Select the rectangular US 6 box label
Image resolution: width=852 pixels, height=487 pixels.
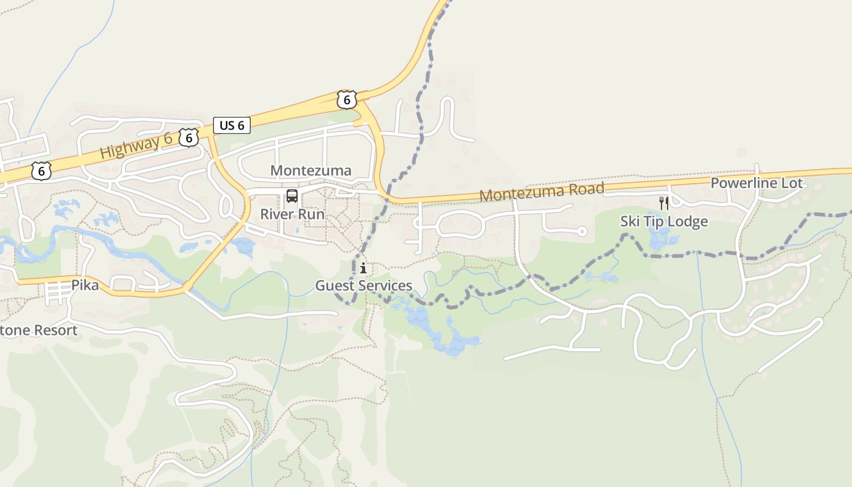pyautogui.click(x=232, y=125)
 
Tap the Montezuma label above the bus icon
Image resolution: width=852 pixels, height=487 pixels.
pyautogui.click(x=311, y=170)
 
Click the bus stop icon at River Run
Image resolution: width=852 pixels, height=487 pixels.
pyautogui.click(x=292, y=196)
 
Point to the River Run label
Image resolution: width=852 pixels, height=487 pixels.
pyautogui.click(x=292, y=214)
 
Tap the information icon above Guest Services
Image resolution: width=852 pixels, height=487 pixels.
pyautogui.click(x=363, y=268)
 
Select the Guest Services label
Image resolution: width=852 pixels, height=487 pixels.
pyautogui.click(x=363, y=286)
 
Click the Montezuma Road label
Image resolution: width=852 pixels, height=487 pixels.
pyautogui.click(x=542, y=192)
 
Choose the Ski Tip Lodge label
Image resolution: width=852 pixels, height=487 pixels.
pyautogui.click(x=664, y=221)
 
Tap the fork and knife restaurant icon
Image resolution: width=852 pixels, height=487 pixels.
pyautogui.click(x=664, y=203)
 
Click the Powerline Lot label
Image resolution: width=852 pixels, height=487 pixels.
pyautogui.click(x=756, y=183)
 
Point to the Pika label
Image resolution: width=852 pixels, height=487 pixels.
pyautogui.click(x=85, y=285)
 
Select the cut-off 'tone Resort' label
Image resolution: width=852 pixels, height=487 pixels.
pyautogui.click(x=39, y=331)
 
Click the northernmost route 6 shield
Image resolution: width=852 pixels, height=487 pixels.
pyautogui.click(x=346, y=99)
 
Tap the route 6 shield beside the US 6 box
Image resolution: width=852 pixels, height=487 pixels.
pyautogui.click(x=189, y=138)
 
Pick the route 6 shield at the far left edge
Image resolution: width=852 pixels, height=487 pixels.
pyautogui.click(x=41, y=171)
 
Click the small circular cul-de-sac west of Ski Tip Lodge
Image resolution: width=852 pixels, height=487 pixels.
pyautogui.click(x=582, y=231)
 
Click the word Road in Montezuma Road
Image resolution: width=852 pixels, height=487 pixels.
pyautogui.click(x=585, y=189)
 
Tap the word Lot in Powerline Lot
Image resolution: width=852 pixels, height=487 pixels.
pyautogui.click(x=791, y=183)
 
